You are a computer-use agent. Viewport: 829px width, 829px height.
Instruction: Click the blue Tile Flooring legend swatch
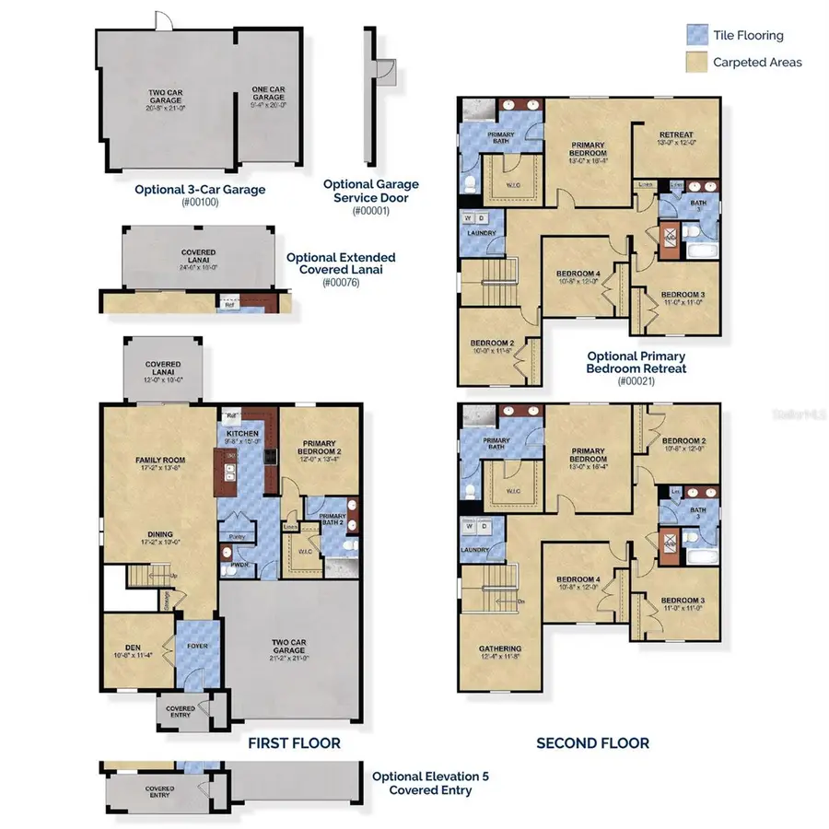697,35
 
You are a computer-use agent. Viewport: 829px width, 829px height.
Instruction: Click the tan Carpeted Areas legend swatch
697,62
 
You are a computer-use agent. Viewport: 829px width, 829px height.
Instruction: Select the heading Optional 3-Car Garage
200,190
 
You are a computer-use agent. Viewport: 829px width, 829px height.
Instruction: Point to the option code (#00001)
371,210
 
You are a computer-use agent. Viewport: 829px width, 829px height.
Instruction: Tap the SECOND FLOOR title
593,742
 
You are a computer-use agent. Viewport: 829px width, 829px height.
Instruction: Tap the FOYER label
196,646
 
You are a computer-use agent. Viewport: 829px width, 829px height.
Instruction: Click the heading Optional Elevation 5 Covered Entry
430,783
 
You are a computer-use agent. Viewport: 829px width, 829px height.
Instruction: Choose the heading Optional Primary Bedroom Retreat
636,362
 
